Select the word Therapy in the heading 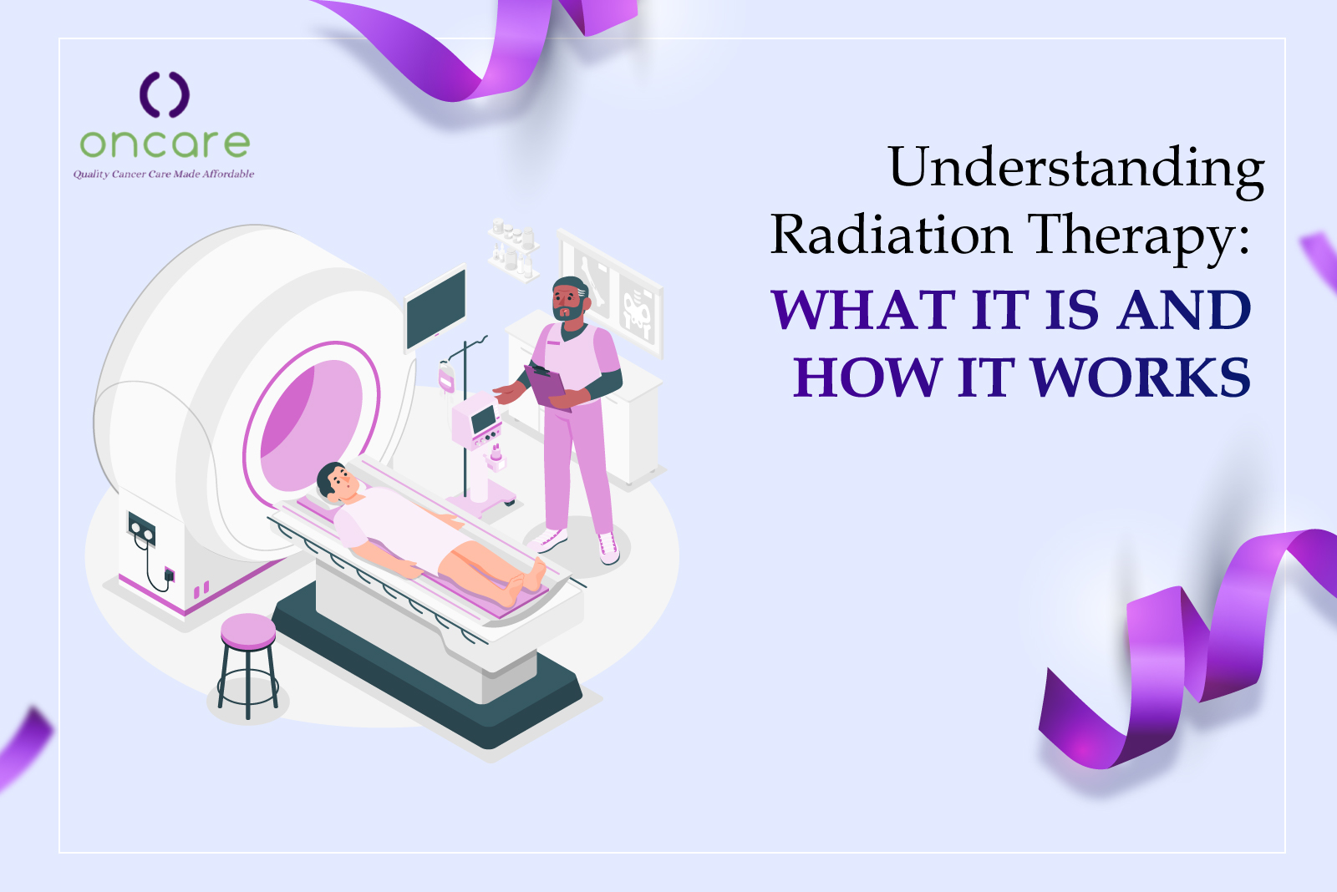(x=1137, y=239)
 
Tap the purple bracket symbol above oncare (x=165, y=94)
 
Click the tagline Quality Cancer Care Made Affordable (x=164, y=175)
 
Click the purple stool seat (x=248, y=631)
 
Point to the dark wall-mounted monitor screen (x=435, y=310)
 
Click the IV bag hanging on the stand (x=446, y=377)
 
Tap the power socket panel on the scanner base (x=141, y=529)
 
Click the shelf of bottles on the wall (x=514, y=250)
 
